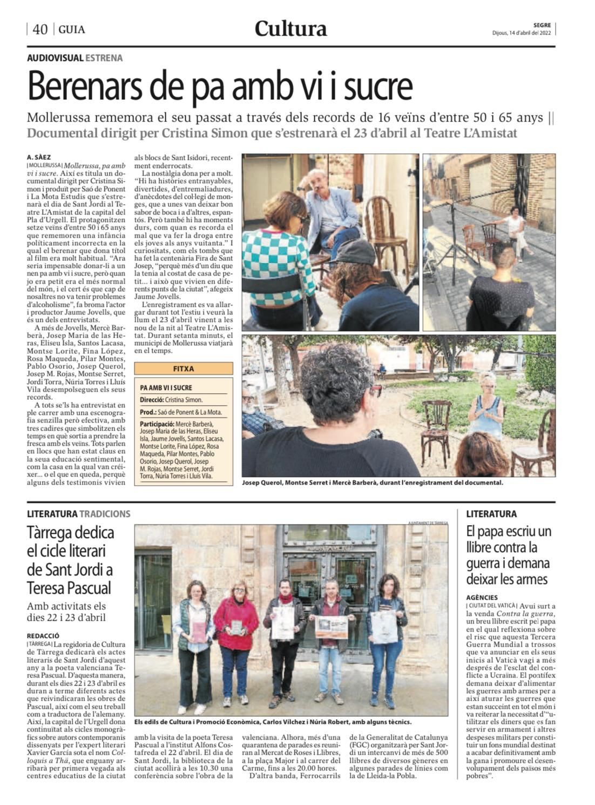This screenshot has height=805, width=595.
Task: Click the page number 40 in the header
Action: [x=40, y=29]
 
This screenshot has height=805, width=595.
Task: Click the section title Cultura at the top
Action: [x=290, y=28]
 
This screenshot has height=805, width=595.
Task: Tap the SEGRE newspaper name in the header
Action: [x=542, y=25]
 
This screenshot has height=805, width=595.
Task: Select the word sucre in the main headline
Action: [x=378, y=86]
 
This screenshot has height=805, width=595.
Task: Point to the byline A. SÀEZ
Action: [x=39, y=157]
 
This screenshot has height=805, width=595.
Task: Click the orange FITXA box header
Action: [x=184, y=369]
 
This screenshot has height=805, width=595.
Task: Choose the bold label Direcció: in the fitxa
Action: [x=152, y=400]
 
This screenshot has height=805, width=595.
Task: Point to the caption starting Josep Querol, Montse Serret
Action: [x=373, y=482]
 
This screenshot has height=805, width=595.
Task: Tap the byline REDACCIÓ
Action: [x=43, y=636]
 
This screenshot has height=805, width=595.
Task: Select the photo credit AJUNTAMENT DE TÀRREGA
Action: [x=428, y=522]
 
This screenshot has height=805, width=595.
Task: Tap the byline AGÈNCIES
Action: [x=482, y=598]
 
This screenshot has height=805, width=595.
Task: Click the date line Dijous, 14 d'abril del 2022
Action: [x=521, y=32]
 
